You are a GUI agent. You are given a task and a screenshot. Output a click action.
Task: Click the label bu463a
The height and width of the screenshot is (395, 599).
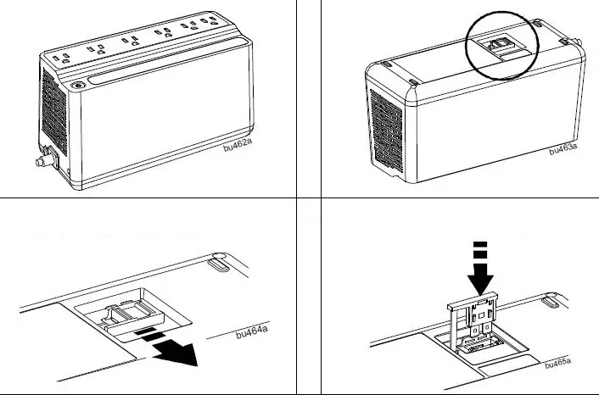tap(563, 150)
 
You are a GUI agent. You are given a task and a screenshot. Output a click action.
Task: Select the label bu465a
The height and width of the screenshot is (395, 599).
tap(557, 364)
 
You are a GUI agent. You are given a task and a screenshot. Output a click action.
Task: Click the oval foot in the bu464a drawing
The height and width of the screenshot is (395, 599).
tap(218, 264)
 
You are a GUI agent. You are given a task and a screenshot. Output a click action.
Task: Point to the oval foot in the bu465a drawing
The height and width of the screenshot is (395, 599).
tap(551, 298)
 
